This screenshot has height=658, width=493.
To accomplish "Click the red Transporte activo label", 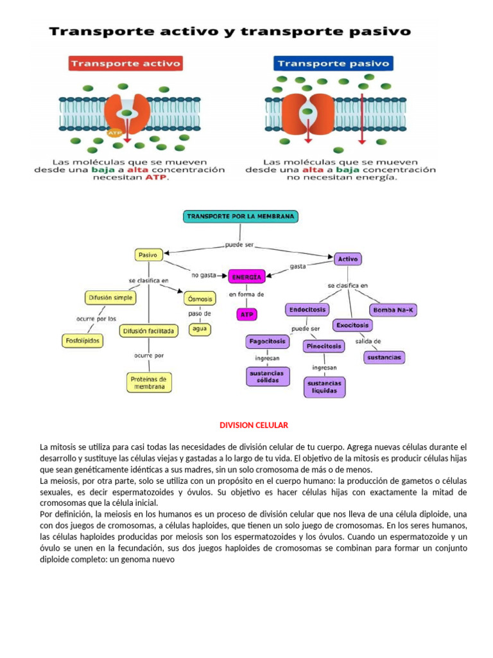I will pos(125,64).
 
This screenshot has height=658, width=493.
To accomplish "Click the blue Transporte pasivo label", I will pos(333,64).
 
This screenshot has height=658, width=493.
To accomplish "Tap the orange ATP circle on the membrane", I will pos(115,133).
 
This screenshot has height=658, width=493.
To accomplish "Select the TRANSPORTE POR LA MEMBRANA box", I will pos(241,217).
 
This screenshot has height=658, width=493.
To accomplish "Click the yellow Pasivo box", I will pos(148,255).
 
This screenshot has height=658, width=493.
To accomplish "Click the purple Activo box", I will pos(348,259).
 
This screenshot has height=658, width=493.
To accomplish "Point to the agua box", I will pos(199,329).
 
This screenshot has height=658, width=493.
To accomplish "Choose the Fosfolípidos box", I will pos(82,341).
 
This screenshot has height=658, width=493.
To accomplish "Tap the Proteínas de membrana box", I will pos(149,383).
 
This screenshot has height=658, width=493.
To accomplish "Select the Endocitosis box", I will pos(307,310).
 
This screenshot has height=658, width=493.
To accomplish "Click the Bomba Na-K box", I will pos(394,310).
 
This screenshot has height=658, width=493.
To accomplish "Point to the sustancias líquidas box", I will pos(324,387).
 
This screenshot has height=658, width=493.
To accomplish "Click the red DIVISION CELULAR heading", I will pos(254,425).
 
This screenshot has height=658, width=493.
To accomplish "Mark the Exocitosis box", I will pos(353,325).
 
